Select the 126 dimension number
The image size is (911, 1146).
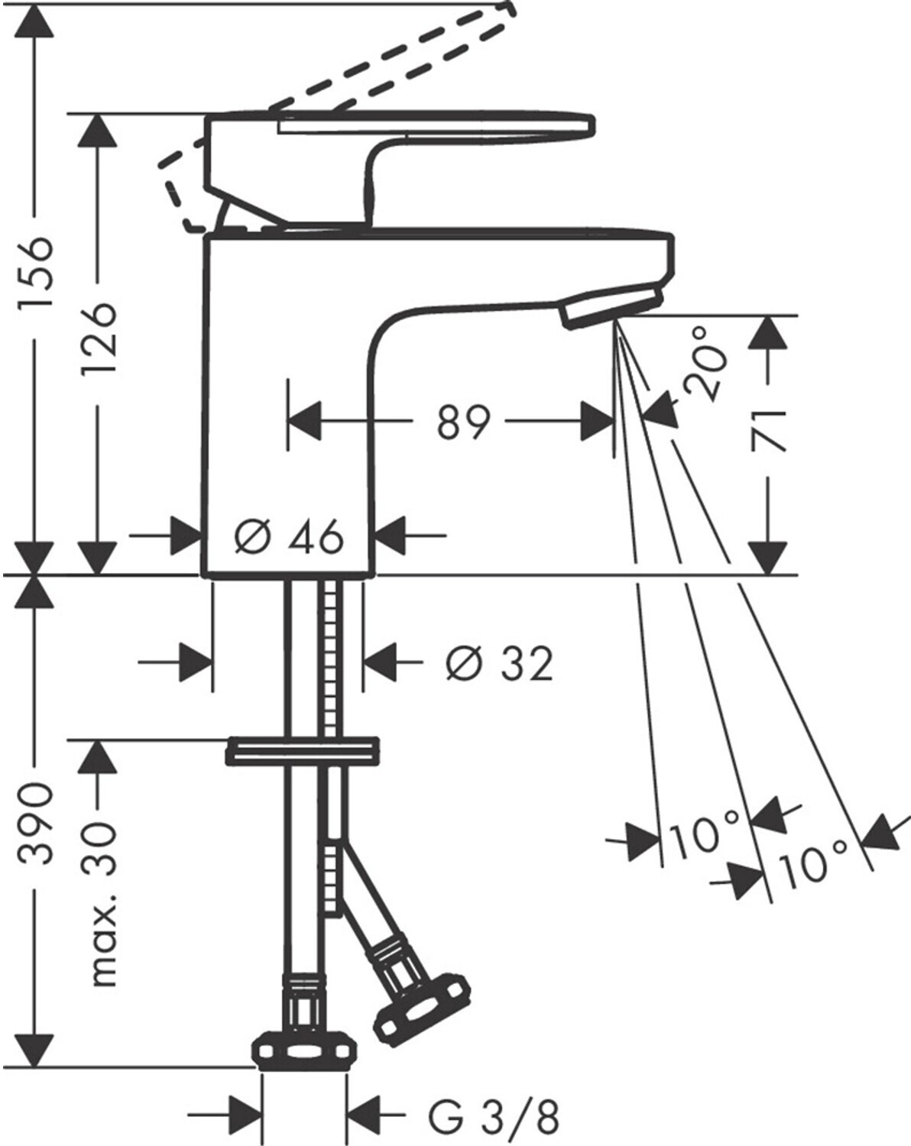[99, 338]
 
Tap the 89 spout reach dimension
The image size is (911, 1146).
[463, 423]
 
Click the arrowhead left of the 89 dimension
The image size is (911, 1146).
[305, 422]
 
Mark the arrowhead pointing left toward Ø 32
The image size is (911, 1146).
[381, 663]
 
